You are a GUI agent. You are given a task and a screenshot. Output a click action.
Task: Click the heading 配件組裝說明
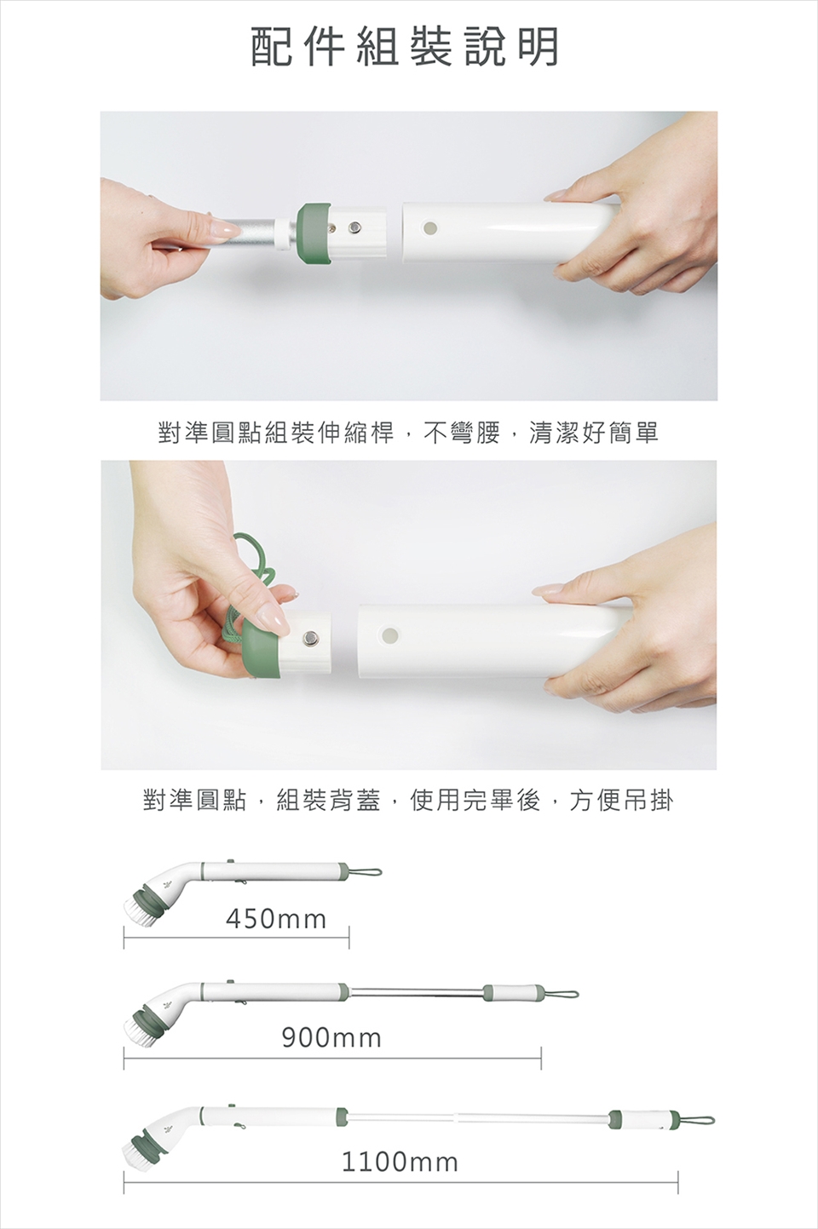pyautogui.click(x=405, y=47)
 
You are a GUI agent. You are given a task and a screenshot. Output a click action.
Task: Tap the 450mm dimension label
pyautogui.click(x=276, y=919)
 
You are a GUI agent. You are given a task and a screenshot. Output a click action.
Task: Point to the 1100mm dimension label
pyautogui.click(x=400, y=1162)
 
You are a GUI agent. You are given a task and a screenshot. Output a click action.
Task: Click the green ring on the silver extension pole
pyautogui.click(x=311, y=233)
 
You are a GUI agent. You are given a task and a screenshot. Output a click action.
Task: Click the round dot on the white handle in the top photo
pyautogui.click(x=430, y=227)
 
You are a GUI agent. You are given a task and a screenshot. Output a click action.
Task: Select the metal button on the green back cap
pyautogui.click(x=311, y=638)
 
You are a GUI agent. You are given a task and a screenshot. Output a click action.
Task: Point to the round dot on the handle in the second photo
pyautogui.click(x=389, y=635)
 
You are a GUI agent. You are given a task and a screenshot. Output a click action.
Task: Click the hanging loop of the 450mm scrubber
pyautogui.click(x=365, y=871)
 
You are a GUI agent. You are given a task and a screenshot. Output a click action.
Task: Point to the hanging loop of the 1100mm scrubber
pyautogui.click(x=697, y=1118)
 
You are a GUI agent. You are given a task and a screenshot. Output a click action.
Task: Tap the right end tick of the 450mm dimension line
pyautogui.click(x=349, y=937)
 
